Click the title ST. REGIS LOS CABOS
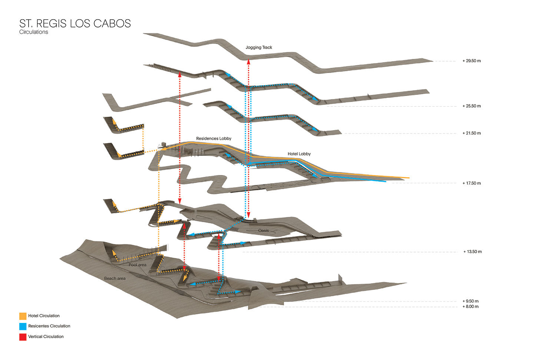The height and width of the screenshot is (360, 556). [75, 23]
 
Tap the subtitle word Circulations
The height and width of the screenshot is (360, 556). [34, 32]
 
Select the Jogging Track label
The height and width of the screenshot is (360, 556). [259, 47]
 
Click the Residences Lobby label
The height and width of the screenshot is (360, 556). [214, 139]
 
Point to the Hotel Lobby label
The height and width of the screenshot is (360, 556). [299, 154]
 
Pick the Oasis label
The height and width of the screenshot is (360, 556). [264, 231]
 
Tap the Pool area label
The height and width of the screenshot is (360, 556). [138, 265]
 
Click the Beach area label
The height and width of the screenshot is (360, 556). [115, 278]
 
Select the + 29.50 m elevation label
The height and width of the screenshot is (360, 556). [471, 61]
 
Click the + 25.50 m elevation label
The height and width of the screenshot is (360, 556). [471, 106]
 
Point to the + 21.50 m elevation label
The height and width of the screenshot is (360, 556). [471, 133]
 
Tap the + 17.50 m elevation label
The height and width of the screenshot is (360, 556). [471, 183]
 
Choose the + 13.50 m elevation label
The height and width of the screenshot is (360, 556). [473, 252]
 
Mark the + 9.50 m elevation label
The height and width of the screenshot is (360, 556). [470, 301]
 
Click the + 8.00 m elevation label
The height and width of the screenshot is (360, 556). [470, 307]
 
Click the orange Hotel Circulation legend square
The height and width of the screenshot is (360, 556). [23, 316]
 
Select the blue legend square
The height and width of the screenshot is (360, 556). [23, 327]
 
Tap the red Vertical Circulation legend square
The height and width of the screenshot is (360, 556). [23, 337]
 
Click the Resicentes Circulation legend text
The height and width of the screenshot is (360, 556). [49, 326]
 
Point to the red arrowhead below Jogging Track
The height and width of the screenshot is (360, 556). [249, 62]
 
